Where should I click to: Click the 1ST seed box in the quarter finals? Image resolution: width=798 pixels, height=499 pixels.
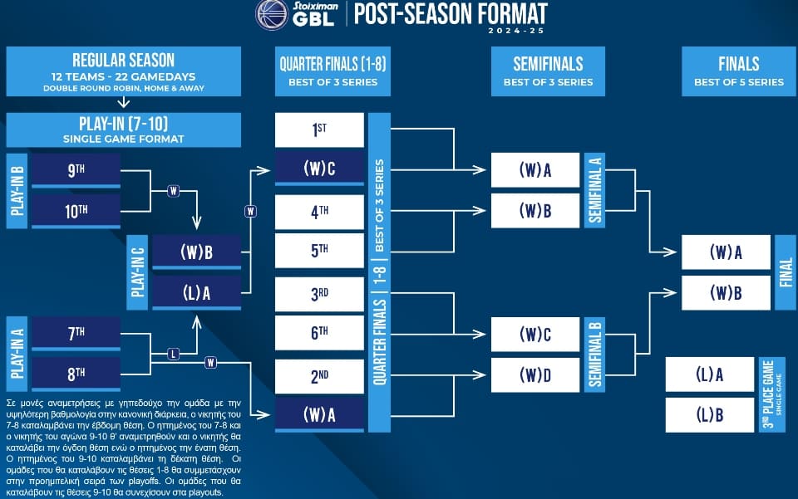[x=319, y=130]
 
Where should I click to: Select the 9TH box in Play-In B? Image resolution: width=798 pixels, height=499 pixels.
[x=76, y=170]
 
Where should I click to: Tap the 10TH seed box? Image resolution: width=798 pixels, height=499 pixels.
[x=76, y=211]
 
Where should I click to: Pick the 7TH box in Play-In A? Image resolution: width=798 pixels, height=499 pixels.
[x=76, y=333]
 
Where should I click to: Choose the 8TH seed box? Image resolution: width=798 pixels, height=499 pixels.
[x=76, y=374]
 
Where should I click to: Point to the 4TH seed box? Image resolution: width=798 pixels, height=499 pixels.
[x=319, y=212]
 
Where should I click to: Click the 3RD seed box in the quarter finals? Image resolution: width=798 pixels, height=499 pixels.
[x=319, y=294]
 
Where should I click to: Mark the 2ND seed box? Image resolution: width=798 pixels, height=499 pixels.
[x=319, y=377]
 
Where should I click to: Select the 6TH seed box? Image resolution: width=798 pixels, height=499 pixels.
[x=319, y=333]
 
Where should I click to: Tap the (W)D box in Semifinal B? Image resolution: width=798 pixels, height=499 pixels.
[x=534, y=375]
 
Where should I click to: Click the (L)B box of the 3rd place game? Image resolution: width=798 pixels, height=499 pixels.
[x=709, y=415]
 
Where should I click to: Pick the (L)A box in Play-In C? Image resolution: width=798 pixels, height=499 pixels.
[x=196, y=293]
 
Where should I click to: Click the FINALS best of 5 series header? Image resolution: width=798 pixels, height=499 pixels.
[x=738, y=71]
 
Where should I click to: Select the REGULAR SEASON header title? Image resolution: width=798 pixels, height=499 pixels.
[x=124, y=60]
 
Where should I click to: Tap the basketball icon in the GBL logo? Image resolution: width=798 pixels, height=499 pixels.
[x=272, y=14]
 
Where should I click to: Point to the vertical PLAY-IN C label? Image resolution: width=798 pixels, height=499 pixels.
[x=137, y=272]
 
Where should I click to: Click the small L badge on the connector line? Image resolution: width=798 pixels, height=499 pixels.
[x=174, y=355]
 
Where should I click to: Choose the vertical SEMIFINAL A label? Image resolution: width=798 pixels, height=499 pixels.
[x=594, y=190]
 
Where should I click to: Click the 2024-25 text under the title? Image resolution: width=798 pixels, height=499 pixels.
[x=516, y=31]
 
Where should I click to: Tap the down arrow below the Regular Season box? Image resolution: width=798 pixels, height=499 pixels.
[x=124, y=103]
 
